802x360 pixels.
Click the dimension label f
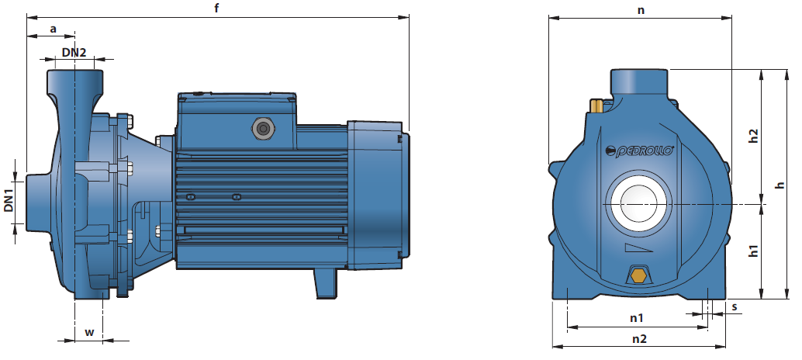pyautogui.click(x=217, y=9)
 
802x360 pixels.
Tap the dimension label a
pyautogui.click(x=54, y=29)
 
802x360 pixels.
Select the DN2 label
pyautogui.click(x=74, y=52)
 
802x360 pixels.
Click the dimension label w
pyautogui.click(x=89, y=332)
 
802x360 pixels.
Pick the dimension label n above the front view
pyautogui.click(x=641, y=10)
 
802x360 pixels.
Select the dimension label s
pyautogui.click(x=735, y=306)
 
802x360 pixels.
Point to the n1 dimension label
pyautogui.click(x=636, y=318)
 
